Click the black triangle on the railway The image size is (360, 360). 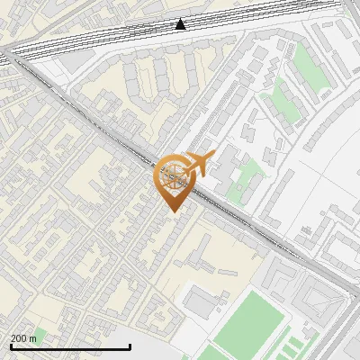tap(181, 23)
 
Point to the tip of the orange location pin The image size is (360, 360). tap(172, 211)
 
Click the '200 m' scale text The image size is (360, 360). tap(24, 338)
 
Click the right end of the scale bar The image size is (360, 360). tap(130, 346)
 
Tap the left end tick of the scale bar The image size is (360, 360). tap(11, 346)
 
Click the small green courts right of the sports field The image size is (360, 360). tap(288, 340)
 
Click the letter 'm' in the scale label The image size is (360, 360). tap(33, 338)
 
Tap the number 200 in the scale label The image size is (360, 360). tap(19, 338)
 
